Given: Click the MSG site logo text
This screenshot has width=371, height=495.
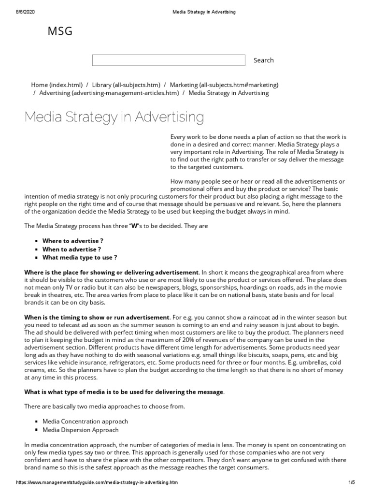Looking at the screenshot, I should click(x=60, y=31).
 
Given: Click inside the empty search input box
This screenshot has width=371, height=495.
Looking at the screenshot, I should click(x=168, y=60).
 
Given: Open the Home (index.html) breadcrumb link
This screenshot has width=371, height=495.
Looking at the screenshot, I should click(x=57, y=85).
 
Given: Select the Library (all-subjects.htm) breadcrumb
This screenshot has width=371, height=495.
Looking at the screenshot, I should click(x=126, y=85).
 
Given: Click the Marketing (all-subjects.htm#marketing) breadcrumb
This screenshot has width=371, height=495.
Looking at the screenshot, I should click(x=224, y=85).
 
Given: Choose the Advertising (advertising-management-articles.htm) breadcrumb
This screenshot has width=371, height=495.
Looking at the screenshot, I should click(x=109, y=93).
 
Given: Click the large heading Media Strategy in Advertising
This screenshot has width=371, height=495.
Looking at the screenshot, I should click(x=114, y=117).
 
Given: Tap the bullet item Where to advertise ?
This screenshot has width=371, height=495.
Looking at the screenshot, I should click(x=72, y=240).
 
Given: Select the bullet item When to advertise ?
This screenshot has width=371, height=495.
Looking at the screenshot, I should click(x=71, y=249).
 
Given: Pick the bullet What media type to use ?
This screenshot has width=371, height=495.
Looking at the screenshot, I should click(x=80, y=258).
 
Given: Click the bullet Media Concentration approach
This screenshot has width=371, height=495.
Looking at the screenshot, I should click(x=85, y=422).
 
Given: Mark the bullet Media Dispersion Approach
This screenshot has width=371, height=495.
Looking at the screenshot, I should click(x=80, y=430).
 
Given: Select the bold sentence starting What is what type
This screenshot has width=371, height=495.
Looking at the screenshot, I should click(x=124, y=392).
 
